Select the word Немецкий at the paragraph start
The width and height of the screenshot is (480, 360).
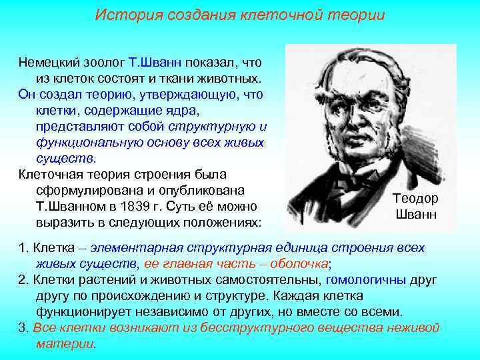tap(49, 63)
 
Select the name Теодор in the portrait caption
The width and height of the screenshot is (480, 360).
tap(415, 199)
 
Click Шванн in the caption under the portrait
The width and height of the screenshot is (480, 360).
tap(415, 214)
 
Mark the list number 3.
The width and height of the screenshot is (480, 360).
tap(23, 327)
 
